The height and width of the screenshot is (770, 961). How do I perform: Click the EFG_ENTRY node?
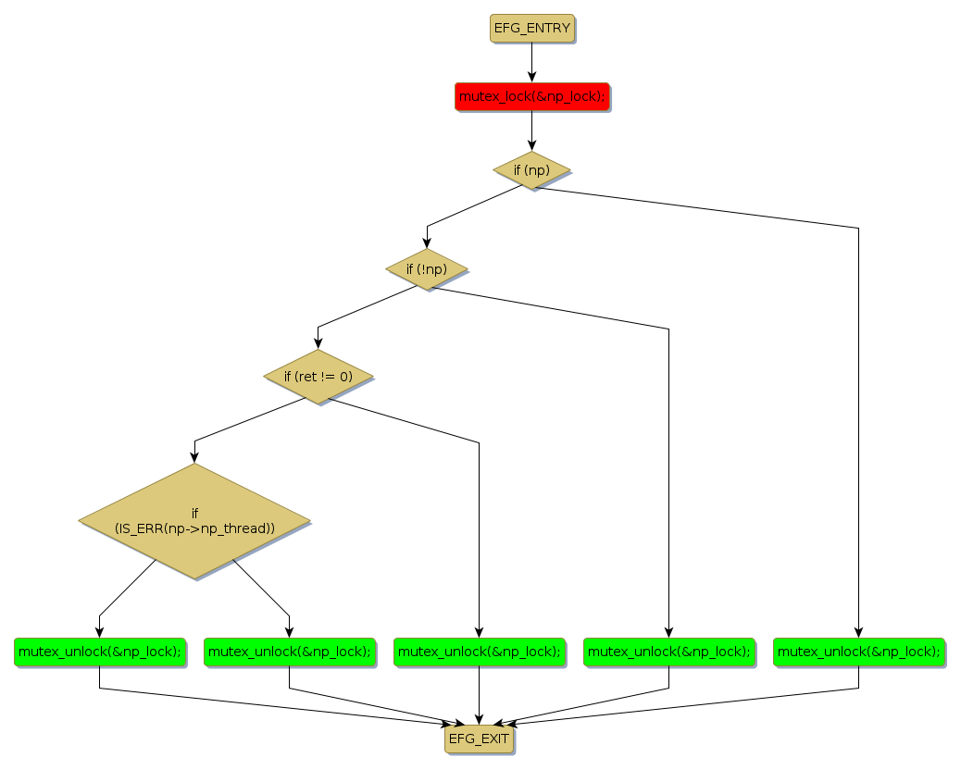click(x=532, y=29)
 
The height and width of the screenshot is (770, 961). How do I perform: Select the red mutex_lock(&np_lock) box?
click(x=532, y=96)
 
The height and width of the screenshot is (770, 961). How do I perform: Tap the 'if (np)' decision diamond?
click(x=531, y=170)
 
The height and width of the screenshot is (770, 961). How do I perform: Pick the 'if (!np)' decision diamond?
click(x=426, y=269)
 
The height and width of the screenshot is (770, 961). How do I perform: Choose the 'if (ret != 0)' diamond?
click(x=318, y=377)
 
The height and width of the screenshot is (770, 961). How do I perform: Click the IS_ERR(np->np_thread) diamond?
click(x=194, y=521)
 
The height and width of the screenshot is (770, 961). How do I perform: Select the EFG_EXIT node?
click(x=479, y=739)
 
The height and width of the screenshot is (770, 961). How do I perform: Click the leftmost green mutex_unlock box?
click(x=99, y=652)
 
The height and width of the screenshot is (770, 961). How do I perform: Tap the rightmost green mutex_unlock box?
click(x=858, y=652)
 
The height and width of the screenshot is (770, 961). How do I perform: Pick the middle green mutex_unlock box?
click(x=479, y=652)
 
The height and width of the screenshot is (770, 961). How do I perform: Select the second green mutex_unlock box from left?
click(x=289, y=652)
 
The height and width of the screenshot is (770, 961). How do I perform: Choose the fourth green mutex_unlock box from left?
click(x=668, y=652)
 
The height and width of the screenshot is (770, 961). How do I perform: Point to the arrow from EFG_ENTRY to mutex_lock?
click(x=532, y=62)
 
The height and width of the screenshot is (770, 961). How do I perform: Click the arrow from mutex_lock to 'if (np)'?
click(x=532, y=130)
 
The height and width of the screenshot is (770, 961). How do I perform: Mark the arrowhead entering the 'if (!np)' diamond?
click(x=427, y=242)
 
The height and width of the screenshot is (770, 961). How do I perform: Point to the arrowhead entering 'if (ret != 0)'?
click(x=318, y=343)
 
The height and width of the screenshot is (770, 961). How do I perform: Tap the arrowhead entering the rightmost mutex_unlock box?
click(x=858, y=632)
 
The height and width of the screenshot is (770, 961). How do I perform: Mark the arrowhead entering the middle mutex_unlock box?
click(x=479, y=632)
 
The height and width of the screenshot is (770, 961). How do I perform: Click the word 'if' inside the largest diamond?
click(x=194, y=514)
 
